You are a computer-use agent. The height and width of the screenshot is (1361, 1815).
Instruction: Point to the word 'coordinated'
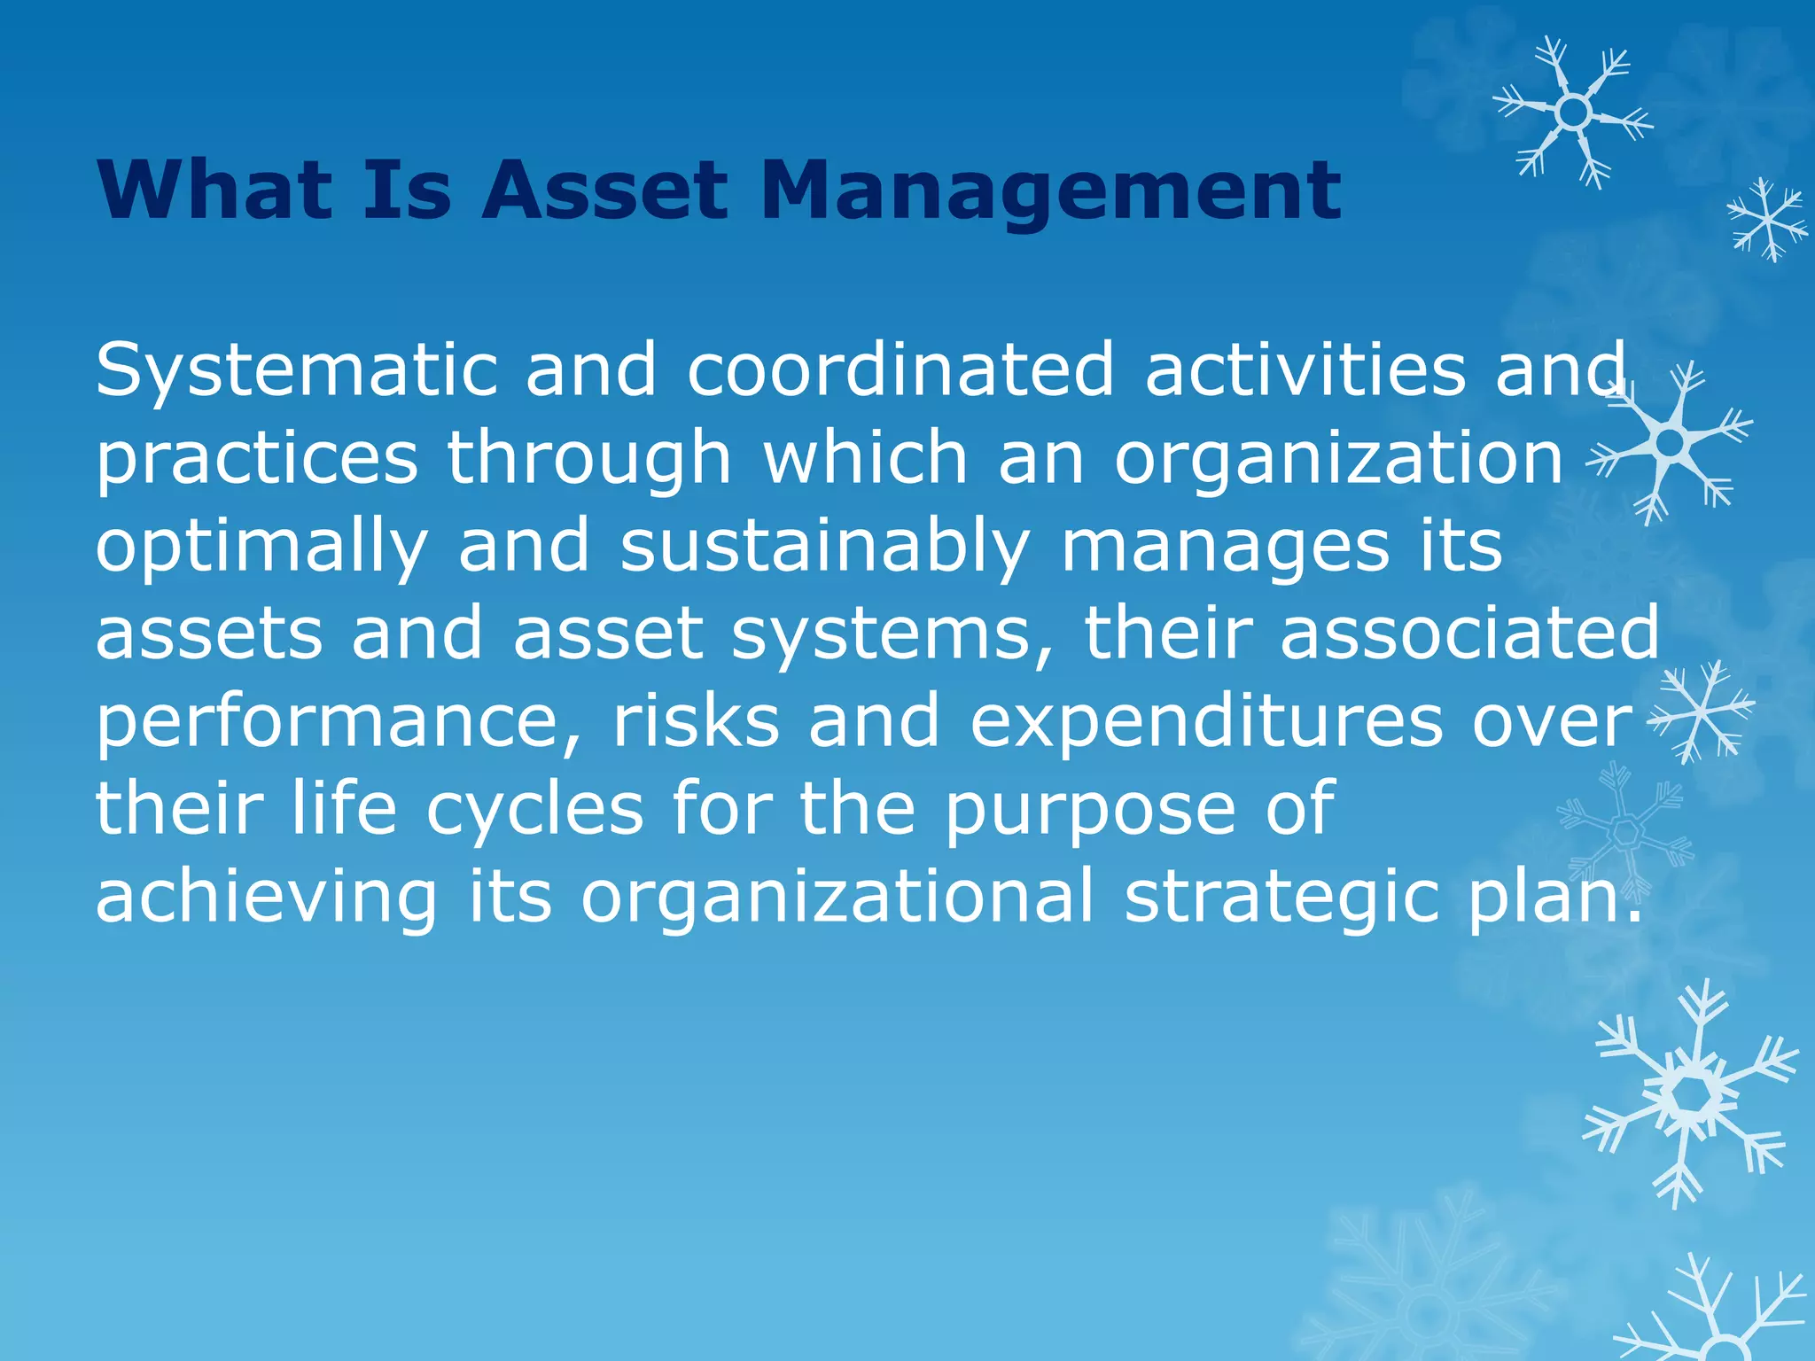(900, 369)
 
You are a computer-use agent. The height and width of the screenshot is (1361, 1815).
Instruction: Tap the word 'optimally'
(262, 548)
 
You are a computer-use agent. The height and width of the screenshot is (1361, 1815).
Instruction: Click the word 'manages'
(1224, 548)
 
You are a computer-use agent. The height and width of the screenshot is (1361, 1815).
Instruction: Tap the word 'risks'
(696, 720)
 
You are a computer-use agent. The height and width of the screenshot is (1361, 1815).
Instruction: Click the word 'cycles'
(535, 810)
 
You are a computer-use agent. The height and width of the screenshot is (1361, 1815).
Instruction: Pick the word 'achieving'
(266, 898)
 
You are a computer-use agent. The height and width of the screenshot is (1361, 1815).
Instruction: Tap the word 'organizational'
(837, 898)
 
